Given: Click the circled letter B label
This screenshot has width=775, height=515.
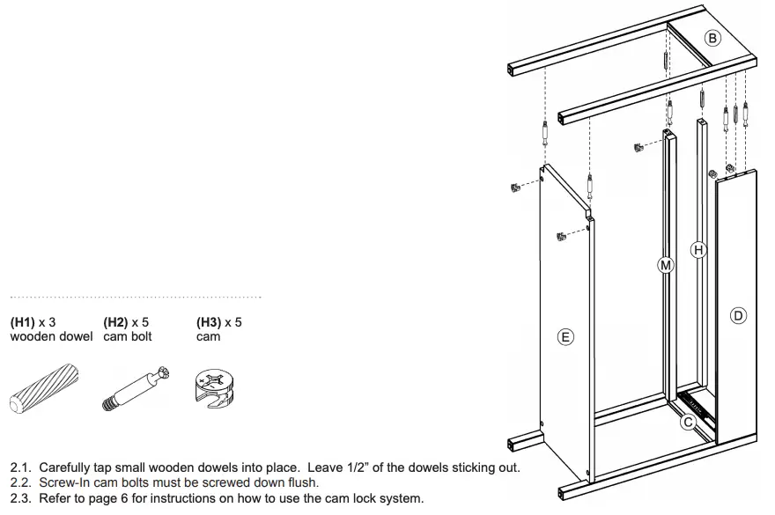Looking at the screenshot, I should [712, 38].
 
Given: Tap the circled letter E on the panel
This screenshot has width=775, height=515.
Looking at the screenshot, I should [566, 336].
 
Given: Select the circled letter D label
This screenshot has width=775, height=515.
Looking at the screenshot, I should [738, 315].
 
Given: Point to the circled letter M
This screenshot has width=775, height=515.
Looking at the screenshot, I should [666, 264].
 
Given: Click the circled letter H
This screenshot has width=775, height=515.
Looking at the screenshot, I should [698, 251].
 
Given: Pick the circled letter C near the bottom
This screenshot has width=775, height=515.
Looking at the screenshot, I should [690, 422].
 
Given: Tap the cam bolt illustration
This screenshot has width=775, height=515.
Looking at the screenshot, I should [133, 388].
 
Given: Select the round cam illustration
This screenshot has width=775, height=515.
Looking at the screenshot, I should [213, 388].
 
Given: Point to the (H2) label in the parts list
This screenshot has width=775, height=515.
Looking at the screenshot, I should [117, 322].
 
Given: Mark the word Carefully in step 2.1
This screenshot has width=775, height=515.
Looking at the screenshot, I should [67, 467].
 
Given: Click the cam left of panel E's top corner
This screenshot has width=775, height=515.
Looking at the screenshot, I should [513, 188].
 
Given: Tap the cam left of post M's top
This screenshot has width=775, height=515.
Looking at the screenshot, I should [638, 146].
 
